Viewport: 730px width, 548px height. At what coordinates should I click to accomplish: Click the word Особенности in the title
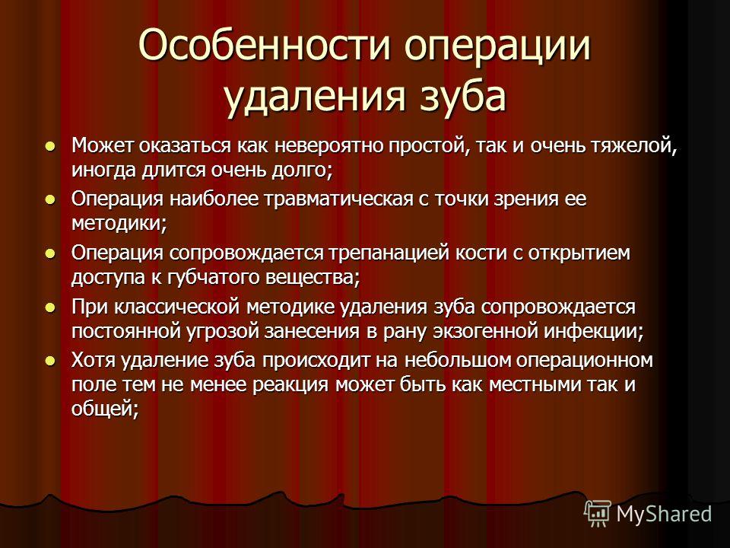coord(264,45)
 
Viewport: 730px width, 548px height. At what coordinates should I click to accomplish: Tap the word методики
coord(119,224)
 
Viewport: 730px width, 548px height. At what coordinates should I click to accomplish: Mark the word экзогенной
coord(486,331)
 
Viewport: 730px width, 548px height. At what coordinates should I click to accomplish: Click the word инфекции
coord(595,332)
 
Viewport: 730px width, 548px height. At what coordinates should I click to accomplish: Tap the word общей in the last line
coord(105,409)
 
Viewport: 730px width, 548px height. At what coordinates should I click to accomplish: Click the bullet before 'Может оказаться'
coord(50,146)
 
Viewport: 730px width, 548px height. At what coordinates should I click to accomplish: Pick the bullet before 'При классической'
coord(50,307)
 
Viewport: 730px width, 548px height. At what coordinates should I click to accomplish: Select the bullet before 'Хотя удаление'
coord(50,360)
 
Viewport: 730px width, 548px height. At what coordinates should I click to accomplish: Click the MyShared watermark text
coord(665,514)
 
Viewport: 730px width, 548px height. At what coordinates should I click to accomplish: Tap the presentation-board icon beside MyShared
coord(598,514)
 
